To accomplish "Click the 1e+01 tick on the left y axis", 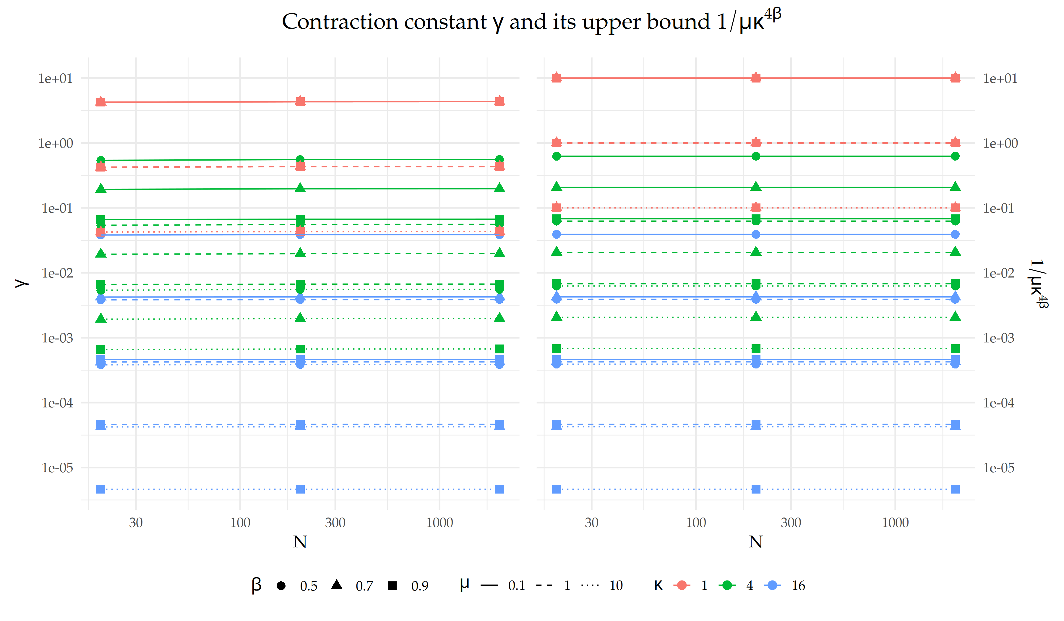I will (55, 79).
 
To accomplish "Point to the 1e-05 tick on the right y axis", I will (999, 468).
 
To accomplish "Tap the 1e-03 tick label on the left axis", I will (57, 338).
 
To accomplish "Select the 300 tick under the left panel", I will (335, 523).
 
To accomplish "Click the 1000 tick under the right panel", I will (895, 523).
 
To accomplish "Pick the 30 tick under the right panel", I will (591, 523).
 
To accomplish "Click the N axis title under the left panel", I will (300, 542).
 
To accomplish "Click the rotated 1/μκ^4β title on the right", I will (1038, 284).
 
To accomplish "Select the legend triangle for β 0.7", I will (337, 585).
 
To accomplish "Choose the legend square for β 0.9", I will (392, 586).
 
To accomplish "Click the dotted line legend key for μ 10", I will (590, 586).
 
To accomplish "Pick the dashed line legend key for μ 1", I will (544, 586).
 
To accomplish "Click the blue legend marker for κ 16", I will (772, 586).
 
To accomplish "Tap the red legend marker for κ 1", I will (682, 586).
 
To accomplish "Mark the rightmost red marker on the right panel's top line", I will (955, 78).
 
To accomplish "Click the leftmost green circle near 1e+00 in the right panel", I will (557, 156).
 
